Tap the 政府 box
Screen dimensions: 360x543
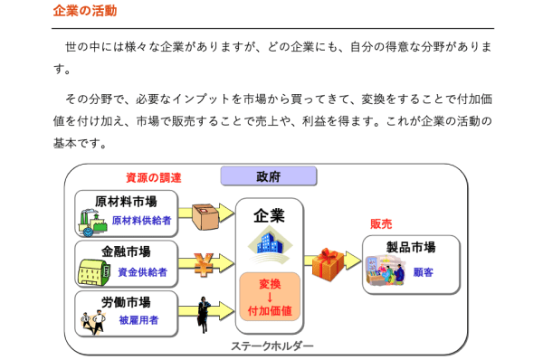pyautogui.click(x=268, y=176)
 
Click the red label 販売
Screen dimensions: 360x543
pyautogui.click(x=381, y=223)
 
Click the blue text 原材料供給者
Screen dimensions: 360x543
pyautogui.click(x=140, y=220)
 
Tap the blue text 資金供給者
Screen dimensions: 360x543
pyautogui.click(x=140, y=270)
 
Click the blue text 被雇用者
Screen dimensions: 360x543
pyautogui.click(x=140, y=319)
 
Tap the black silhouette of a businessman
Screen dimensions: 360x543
pyautogui.click(x=205, y=312)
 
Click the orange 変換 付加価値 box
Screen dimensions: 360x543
pyautogui.click(x=270, y=298)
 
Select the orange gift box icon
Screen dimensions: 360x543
pyautogui.click(x=329, y=264)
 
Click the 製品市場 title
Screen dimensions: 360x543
pyautogui.click(x=411, y=247)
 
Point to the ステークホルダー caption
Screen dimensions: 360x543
pyautogui.click(x=272, y=346)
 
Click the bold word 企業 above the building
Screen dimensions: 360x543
pyautogui.click(x=269, y=215)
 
